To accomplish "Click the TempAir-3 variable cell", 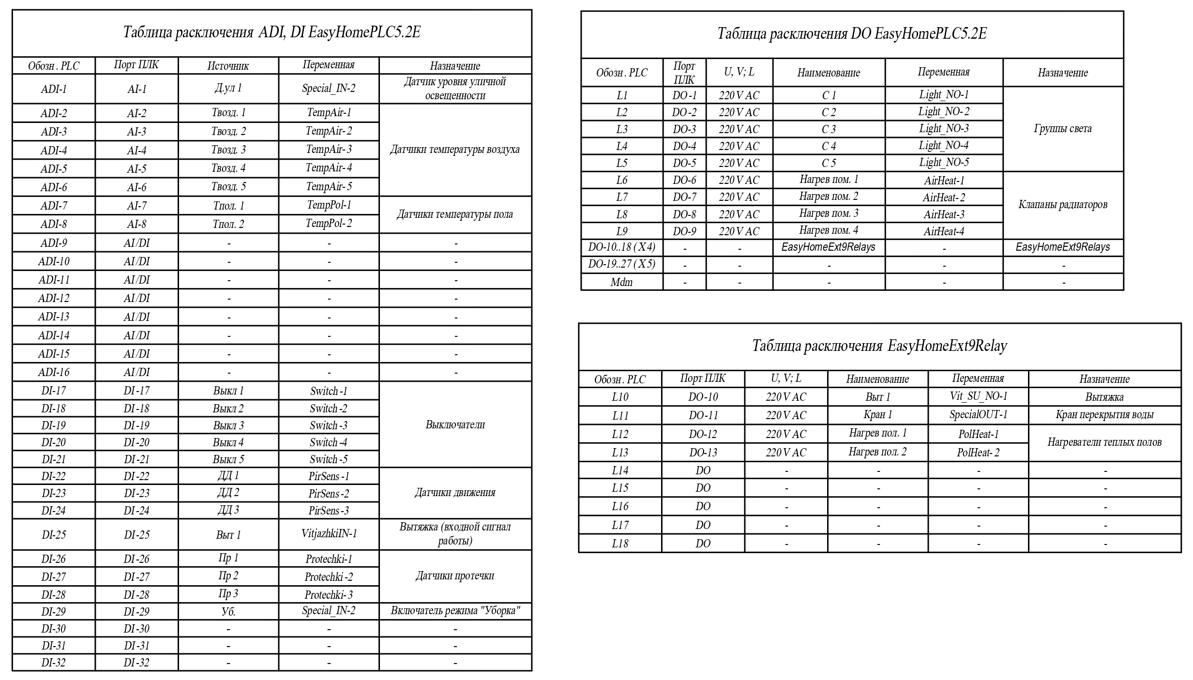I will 329,150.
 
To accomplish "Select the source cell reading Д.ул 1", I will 228,89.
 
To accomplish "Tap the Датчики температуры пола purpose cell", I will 455,214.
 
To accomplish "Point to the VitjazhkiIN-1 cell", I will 329,534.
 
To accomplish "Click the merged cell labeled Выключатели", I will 455,424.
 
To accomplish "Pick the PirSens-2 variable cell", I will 329,494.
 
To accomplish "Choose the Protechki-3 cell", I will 329,595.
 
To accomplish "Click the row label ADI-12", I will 54,298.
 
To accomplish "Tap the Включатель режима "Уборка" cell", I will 455,611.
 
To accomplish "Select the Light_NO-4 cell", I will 944,146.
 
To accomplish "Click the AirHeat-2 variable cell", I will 944,197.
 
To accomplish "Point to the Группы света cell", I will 1063,129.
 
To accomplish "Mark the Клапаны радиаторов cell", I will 1063,205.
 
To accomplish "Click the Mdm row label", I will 621,282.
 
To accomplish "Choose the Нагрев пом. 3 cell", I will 829,213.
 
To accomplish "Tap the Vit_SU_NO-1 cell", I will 978,396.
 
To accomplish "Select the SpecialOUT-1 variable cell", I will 978,415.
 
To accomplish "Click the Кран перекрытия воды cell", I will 1104,415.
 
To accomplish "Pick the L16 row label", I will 620,506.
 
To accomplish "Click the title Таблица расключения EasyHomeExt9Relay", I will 879,346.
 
